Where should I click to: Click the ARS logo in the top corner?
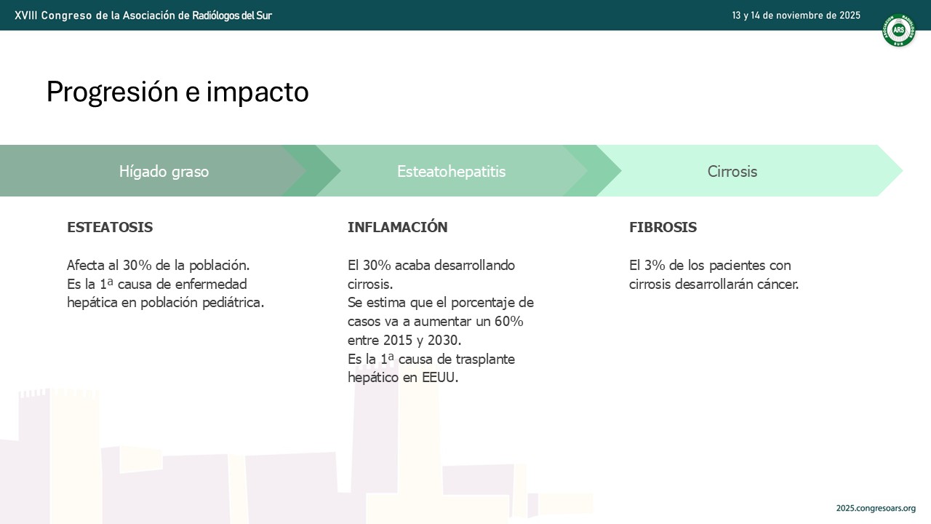[898, 30]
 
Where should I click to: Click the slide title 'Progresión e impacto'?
[177, 92]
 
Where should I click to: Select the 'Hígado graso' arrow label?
[164, 171]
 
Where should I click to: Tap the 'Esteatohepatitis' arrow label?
[452, 171]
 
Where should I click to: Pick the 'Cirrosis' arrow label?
[732, 171]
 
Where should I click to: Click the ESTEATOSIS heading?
[110, 227]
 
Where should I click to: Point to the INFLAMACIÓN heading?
[397, 226]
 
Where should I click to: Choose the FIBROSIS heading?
[663, 227]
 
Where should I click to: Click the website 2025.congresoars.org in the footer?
[876, 508]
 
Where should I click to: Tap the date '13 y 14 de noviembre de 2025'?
[796, 15]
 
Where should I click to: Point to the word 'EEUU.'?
[440, 378]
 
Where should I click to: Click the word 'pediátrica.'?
[233, 302]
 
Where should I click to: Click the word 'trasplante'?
[485, 359]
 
